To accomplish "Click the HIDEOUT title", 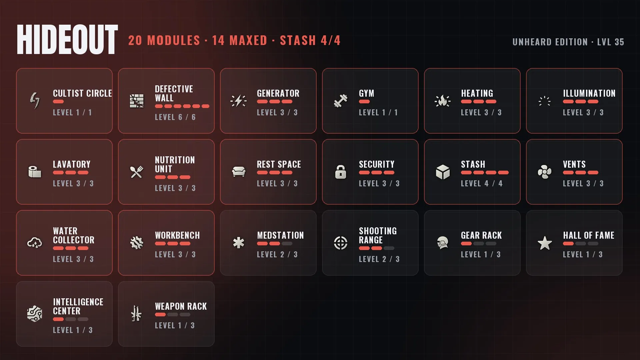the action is coord(67,40).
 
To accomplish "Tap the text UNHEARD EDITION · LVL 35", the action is coord(568,42).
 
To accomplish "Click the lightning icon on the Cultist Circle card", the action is coord(35,101).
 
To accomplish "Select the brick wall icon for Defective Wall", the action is coord(137,101).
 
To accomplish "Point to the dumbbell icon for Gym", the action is coord(341,101).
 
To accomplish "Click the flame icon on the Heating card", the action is coord(443,101).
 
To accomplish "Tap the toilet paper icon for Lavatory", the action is coord(35,172).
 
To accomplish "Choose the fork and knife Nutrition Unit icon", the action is coord(137,172).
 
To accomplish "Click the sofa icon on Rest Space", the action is coord(239,172).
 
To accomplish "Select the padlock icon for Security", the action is coord(341,172).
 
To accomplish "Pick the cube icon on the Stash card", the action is coord(443,172).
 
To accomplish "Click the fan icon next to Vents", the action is coord(545,172).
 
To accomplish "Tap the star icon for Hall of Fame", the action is coord(545,243).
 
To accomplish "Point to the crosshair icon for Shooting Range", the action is coord(341,243).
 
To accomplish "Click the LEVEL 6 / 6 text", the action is coord(175,117).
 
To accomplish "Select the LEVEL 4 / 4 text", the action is coord(482,184).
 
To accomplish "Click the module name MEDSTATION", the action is coord(280,235).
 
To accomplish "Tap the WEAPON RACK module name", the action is coord(181,306).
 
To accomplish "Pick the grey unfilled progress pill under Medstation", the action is coord(287,244).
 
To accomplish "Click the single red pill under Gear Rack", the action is coord(466,244).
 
